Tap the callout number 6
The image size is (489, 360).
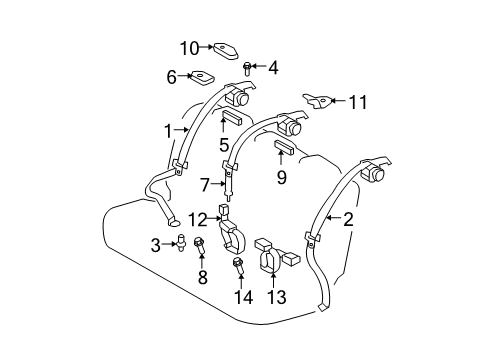point(171,75)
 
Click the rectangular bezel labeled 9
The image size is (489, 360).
point(282,151)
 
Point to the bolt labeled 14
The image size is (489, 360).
point(240,266)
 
